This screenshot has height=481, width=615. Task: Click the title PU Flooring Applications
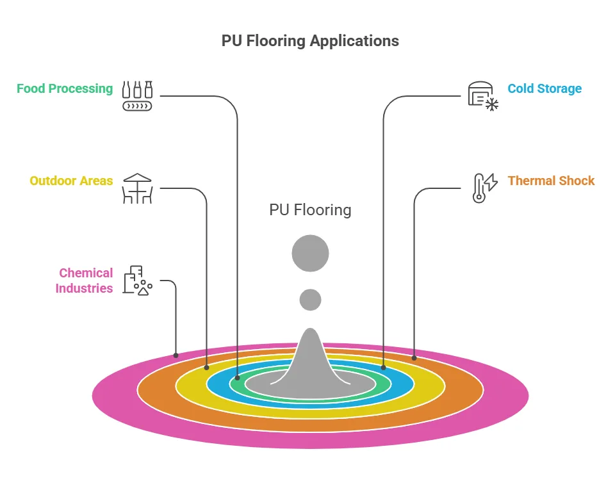(310, 41)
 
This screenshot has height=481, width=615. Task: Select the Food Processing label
(65, 88)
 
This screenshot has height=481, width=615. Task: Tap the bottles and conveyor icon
(138, 95)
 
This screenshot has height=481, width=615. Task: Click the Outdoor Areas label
(71, 181)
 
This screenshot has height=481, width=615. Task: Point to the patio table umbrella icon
(137, 188)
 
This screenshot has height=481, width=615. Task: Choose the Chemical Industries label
(84, 281)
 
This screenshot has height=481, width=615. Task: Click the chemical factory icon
(137, 281)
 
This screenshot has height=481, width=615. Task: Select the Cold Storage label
(545, 88)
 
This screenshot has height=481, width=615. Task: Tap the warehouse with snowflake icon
(482, 96)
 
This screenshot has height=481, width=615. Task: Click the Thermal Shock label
(551, 181)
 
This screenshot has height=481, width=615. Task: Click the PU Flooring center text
(310, 210)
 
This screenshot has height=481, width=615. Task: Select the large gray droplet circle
(310, 253)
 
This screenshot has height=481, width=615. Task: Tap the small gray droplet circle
(310, 299)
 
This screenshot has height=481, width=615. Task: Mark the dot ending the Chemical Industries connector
(176, 355)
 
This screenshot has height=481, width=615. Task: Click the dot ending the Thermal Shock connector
(414, 357)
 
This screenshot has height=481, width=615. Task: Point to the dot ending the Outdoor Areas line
(206, 368)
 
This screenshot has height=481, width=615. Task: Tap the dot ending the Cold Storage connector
(383, 368)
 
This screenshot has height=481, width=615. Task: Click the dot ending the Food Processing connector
(237, 377)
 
